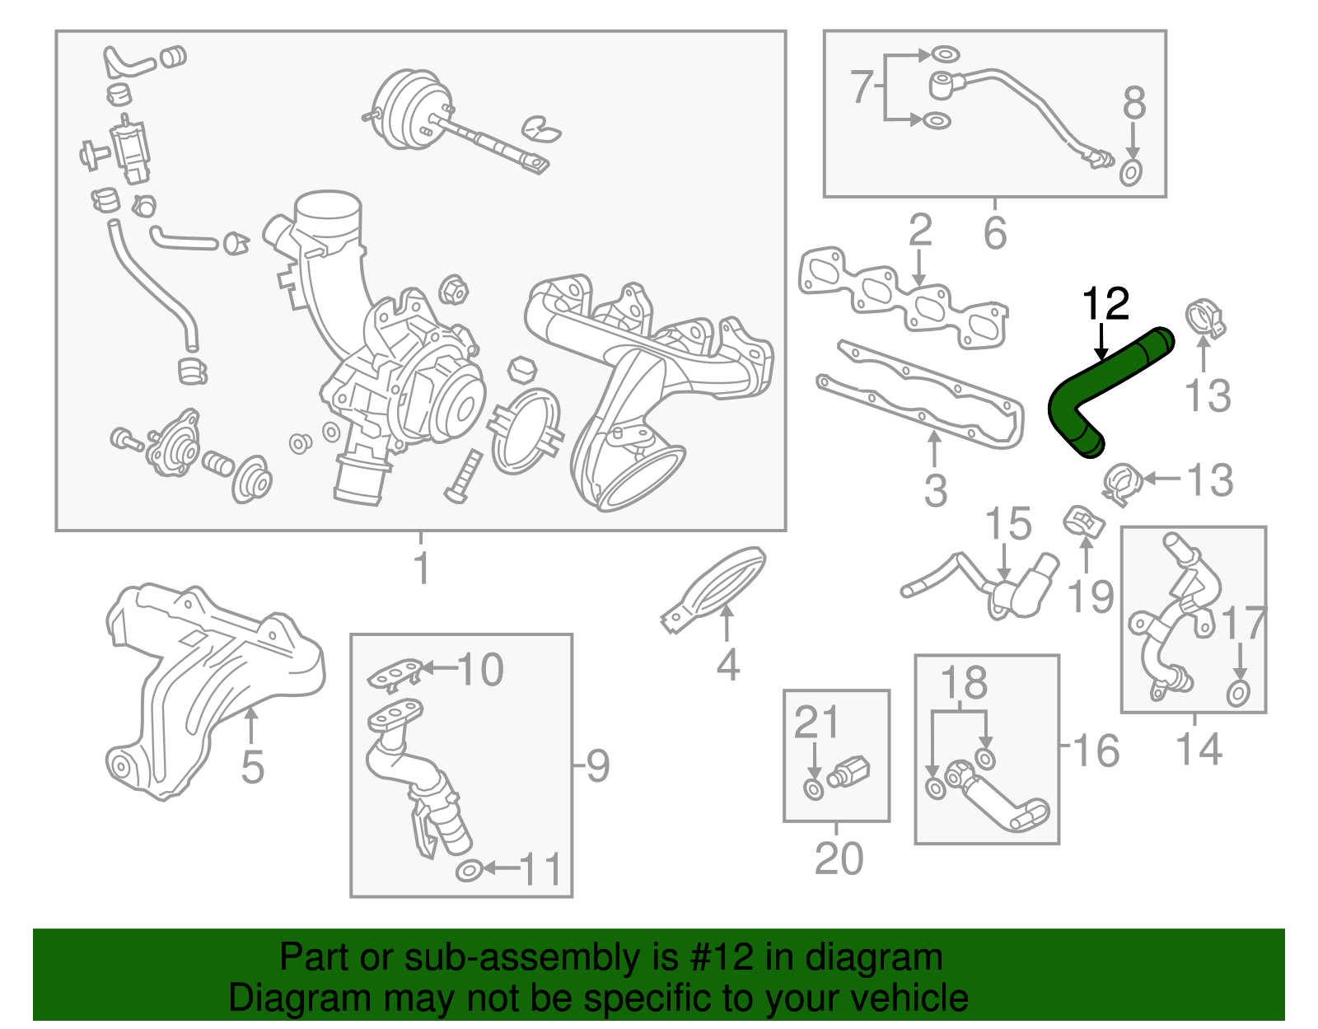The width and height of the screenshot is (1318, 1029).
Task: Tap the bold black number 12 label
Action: pyautogui.click(x=1105, y=305)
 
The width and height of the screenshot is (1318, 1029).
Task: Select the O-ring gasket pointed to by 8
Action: pyautogui.click(x=1132, y=174)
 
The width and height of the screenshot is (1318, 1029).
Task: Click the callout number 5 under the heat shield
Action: pyautogui.click(x=252, y=767)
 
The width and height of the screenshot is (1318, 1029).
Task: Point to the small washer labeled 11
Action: pyautogui.click(x=468, y=869)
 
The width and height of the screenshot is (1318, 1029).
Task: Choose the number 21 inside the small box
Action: pyautogui.click(x=816, y=723)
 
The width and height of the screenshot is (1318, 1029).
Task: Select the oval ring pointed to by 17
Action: pyautogui.click(x=1237, y=693)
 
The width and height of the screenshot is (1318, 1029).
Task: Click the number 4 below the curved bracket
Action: pyautogui.click(x=727, y=664)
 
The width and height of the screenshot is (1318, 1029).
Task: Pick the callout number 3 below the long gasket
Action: pyautogui.click(x=935, y=490)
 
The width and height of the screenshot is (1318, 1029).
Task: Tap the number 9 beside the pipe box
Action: pyautogui.click(x=598, y=766)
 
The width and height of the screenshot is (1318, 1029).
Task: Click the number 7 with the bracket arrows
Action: pyautogui.click(x=861, y=87)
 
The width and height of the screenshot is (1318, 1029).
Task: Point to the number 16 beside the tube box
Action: pyautogui.click(x=1096, y=751)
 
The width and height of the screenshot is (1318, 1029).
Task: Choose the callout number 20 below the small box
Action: pyautogui.click(x=839, y=858)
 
